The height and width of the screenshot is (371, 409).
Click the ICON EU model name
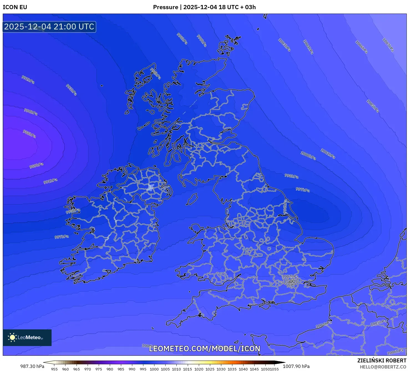click(15, 7)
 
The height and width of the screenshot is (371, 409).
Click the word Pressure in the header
click(166, 7)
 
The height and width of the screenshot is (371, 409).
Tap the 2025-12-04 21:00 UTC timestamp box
click(49, 27)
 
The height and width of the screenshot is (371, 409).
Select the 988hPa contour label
click(29, 134)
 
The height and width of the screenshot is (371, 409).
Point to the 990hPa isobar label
click(31, 112)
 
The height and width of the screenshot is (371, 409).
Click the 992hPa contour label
click(28, 80)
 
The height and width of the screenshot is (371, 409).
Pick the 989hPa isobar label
click(37, 166)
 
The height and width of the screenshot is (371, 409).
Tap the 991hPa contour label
click(50, 181)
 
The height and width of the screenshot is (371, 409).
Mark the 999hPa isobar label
click(202, 41)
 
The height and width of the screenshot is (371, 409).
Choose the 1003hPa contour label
click(284, 45)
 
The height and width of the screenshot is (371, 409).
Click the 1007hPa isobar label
click(388, 45)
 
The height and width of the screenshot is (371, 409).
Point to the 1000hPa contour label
click(308, 155)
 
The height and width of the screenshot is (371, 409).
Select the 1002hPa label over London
click(290, 276)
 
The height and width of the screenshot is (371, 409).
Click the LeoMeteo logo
click(27, 337)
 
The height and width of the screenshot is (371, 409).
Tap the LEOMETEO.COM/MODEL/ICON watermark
click(205, 349)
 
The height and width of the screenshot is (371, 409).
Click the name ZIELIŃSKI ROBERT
click(382, 360)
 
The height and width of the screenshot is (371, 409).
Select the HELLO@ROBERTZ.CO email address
click(383, 367)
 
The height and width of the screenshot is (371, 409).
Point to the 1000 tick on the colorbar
click(154, 369)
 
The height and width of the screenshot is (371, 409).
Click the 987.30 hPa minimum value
click(32, 366)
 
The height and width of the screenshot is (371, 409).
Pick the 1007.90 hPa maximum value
click(296, 366)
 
